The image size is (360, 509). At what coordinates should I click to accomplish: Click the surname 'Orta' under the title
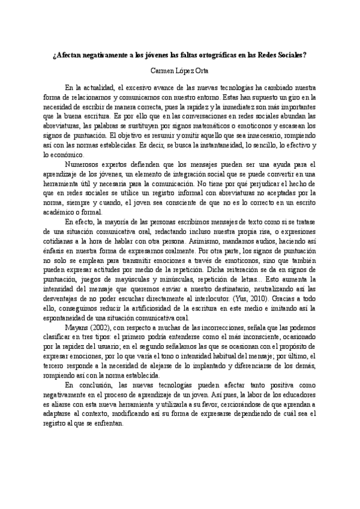pyautogui.click(x=202, y=70)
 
